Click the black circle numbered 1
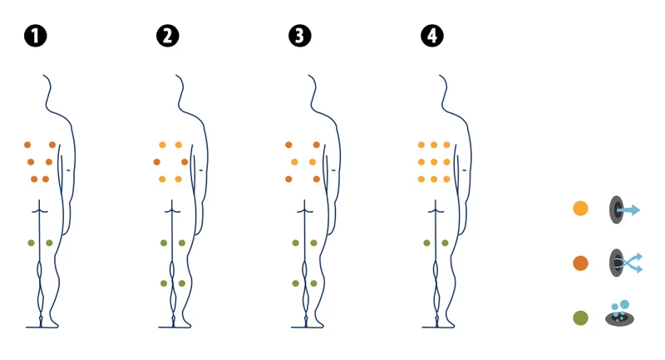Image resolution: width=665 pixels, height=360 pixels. point(36,36)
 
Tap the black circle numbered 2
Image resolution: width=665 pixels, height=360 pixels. point(168,36)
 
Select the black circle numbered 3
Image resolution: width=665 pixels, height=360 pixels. point(300,36)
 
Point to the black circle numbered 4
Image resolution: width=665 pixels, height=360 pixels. point(432,36)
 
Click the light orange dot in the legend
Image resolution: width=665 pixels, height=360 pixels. point(580,209)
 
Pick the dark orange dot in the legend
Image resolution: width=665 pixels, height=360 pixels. point(580,263)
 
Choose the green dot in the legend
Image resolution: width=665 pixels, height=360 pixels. point(580,318)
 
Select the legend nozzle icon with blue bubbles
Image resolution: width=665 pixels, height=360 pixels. point(619,313)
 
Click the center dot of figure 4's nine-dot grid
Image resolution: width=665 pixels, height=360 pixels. point(434,162)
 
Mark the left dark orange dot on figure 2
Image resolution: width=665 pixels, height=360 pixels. point(157,162)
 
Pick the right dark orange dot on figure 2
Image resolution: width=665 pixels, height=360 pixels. point(185,162)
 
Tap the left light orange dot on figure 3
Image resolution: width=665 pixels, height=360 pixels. point(294,162)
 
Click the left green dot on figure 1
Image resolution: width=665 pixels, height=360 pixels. point(31,243)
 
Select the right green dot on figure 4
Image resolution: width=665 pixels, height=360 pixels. point(445,243)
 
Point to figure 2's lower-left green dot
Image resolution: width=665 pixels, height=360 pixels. point(164,284)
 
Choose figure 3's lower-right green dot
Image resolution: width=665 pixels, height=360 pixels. point(314,284)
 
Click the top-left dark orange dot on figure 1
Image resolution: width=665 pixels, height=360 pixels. point(27,145)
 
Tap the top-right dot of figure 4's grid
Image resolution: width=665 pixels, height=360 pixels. point(446,145)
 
